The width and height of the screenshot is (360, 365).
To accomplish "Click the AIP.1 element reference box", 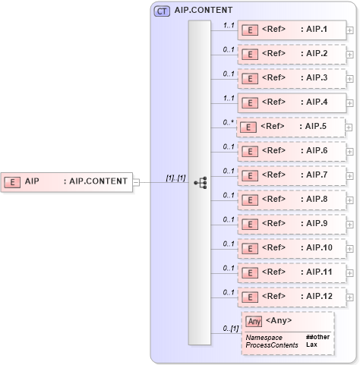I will [x=292, y=30].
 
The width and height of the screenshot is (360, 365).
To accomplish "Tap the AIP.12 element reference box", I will [x=292, y=297].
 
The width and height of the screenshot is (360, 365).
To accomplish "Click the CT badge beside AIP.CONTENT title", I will [x=162, y=11].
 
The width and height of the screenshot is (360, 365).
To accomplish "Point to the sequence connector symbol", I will [x=201, y=182].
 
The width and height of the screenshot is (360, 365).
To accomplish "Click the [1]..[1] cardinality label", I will [x=175, y=178].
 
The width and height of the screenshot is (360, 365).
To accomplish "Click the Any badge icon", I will [x=254, y=321].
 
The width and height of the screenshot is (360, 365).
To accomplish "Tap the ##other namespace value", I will [x=317, y=336].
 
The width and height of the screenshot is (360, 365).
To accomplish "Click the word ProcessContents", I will [x=271, y=345].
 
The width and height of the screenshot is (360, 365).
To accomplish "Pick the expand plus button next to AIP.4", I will [x=349, y=103].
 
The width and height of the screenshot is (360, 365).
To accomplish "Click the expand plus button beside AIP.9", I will [x=349, y=225].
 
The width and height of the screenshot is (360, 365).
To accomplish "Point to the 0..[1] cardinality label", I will [x=229, y=328].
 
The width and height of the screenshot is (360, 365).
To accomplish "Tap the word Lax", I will [x=311, y=345].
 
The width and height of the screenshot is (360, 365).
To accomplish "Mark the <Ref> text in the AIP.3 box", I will [x=273, y=78].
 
